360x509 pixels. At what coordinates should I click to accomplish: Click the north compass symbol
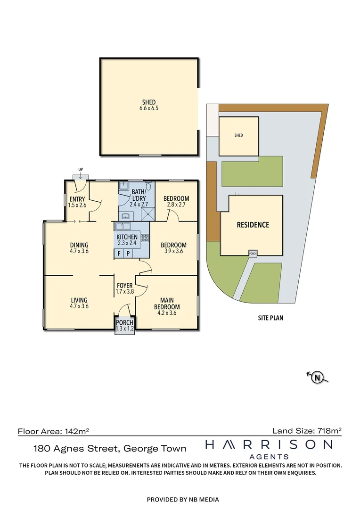pos(318,377)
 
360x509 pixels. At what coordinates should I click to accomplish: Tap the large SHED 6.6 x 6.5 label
pos(149,105)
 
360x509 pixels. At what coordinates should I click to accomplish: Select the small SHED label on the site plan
pos(238,135)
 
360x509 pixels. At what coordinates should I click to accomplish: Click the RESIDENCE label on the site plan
pos(253,225)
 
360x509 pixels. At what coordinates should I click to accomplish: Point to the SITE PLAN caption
pos(270,318)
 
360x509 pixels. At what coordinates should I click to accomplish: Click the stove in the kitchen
pos(144,238)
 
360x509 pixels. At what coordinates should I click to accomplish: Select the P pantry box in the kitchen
pos(127,254)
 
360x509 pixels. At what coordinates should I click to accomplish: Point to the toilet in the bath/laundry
pos(148,185)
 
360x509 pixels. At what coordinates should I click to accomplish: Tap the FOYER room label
pos(125,288)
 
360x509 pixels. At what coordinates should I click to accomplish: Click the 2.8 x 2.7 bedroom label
pos(176,202)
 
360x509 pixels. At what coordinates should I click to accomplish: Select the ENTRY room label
pos(76,202)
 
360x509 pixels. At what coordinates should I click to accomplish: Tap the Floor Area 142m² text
pos(54,431)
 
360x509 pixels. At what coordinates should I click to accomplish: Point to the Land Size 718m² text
pos(307,430)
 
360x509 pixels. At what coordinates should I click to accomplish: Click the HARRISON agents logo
pos(269,448)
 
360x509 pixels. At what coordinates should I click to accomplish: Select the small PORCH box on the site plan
pos(253,254)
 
